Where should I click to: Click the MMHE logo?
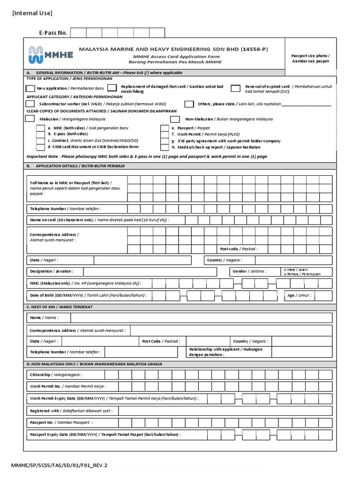(x=50, y=54)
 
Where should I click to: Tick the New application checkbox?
(x=30, y=88)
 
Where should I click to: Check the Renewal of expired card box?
(x=236, y=88)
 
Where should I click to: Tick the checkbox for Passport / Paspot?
(x=165, y=128)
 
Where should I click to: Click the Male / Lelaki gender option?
(x=285, y=270)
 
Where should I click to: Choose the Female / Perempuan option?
(x=285, y=274)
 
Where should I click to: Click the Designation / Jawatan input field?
(x=150, y=272)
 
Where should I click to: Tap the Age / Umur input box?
(x=323, y=296)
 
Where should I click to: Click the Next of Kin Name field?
(x=202, y=318)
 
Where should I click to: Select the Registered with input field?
(x=225, y=411)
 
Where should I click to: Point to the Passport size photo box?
(x=310, y=58)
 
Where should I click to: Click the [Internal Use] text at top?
(x=32, y=13)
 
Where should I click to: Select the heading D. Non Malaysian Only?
(x=94, y=364)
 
